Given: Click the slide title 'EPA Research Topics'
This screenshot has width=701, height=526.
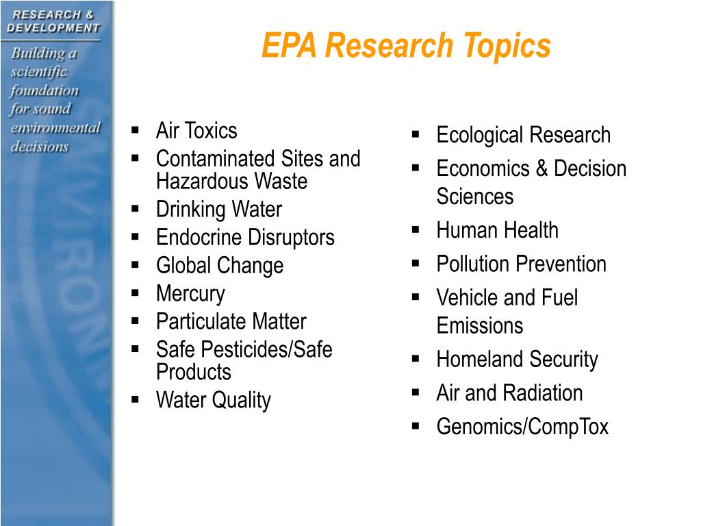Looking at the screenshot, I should click(406, 47).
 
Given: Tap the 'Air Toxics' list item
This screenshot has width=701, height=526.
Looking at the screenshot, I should click(196, 130).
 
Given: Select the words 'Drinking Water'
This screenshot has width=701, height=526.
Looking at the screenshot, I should click(218, 210).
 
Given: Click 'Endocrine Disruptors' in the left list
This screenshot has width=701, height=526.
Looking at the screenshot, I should click(245, 238).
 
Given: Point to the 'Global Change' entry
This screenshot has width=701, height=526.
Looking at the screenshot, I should click(219, 266).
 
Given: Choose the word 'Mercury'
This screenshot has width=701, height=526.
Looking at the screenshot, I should click(190, 294).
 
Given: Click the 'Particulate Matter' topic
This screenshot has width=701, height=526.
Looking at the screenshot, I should click(231, 321).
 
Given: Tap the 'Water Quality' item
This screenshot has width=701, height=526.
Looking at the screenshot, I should click(213, 400).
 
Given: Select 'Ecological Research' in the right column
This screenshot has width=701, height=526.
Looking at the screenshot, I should click(523, 135).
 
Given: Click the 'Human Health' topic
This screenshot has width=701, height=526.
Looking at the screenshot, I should click(497, 230).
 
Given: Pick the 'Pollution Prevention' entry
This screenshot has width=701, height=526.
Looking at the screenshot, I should click(521, 264).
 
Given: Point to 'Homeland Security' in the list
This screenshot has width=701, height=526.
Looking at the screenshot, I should click(517, 360).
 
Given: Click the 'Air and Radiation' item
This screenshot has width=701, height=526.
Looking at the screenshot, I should click(509, 393).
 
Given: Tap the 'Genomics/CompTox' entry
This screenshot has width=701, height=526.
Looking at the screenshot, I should click(522, 427).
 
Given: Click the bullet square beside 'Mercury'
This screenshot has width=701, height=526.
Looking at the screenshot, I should click(136, 293).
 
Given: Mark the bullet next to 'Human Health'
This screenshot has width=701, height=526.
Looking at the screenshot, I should click(416, 230).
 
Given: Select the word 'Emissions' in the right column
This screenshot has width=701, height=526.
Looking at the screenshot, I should click(479, 325).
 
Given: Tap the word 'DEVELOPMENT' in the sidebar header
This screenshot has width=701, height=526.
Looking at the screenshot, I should click(53, 28).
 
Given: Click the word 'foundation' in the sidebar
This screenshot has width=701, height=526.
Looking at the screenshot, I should click(44, 90).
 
